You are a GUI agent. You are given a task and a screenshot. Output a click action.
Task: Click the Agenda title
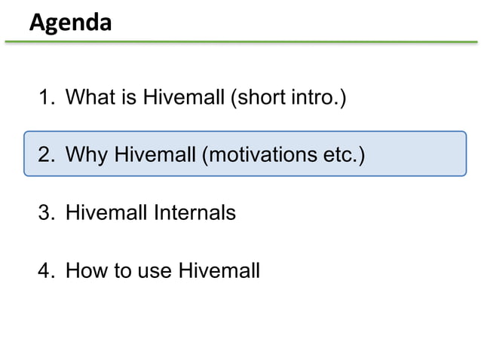pyautogui.click(x=70, y=23)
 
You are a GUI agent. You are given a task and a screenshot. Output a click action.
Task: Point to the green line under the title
pyautogui.click(x=240, y=42)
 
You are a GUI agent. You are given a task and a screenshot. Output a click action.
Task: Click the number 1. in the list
pyautogui.click(x=47, y=98)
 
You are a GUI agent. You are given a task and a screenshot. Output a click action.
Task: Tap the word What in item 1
pyautogui.click(x=89, y=98)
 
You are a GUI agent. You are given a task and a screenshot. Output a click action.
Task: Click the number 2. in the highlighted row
pyautogui.click(x=47, y=155)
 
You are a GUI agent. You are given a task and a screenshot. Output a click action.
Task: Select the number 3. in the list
pyautogui.click(x=47, y=213)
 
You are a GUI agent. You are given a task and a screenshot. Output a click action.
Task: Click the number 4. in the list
pyautogui.click(x=47, y=270)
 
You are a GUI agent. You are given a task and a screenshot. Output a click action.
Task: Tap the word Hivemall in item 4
pyautogui.click(x=219, y=270)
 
